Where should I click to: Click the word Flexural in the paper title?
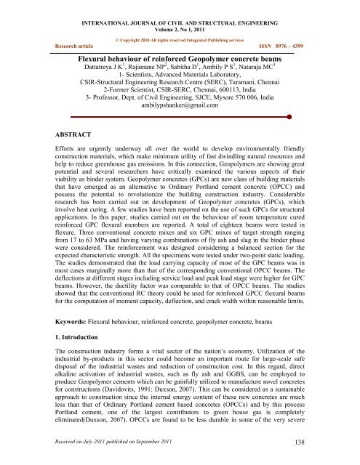click(x=100, y=54)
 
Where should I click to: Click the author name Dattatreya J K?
click(x=100, y=65)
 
